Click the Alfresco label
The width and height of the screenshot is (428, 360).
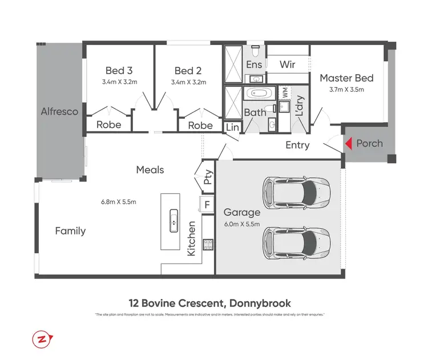[x=59, y=112]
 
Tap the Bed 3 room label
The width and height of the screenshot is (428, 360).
[x=119, y=71]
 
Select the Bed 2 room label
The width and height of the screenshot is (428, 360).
[x=188, y=71]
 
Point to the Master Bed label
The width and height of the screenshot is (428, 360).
[x=346, y=78]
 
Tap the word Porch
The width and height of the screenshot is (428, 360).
[x=370, y=143]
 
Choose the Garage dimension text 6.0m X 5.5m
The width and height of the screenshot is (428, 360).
[x=242, y=224]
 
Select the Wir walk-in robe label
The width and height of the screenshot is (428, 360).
[x=287, y=64]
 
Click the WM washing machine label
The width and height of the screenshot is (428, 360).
[x=284, y=91]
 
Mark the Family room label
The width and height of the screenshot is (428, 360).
[x=70, y=231]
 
